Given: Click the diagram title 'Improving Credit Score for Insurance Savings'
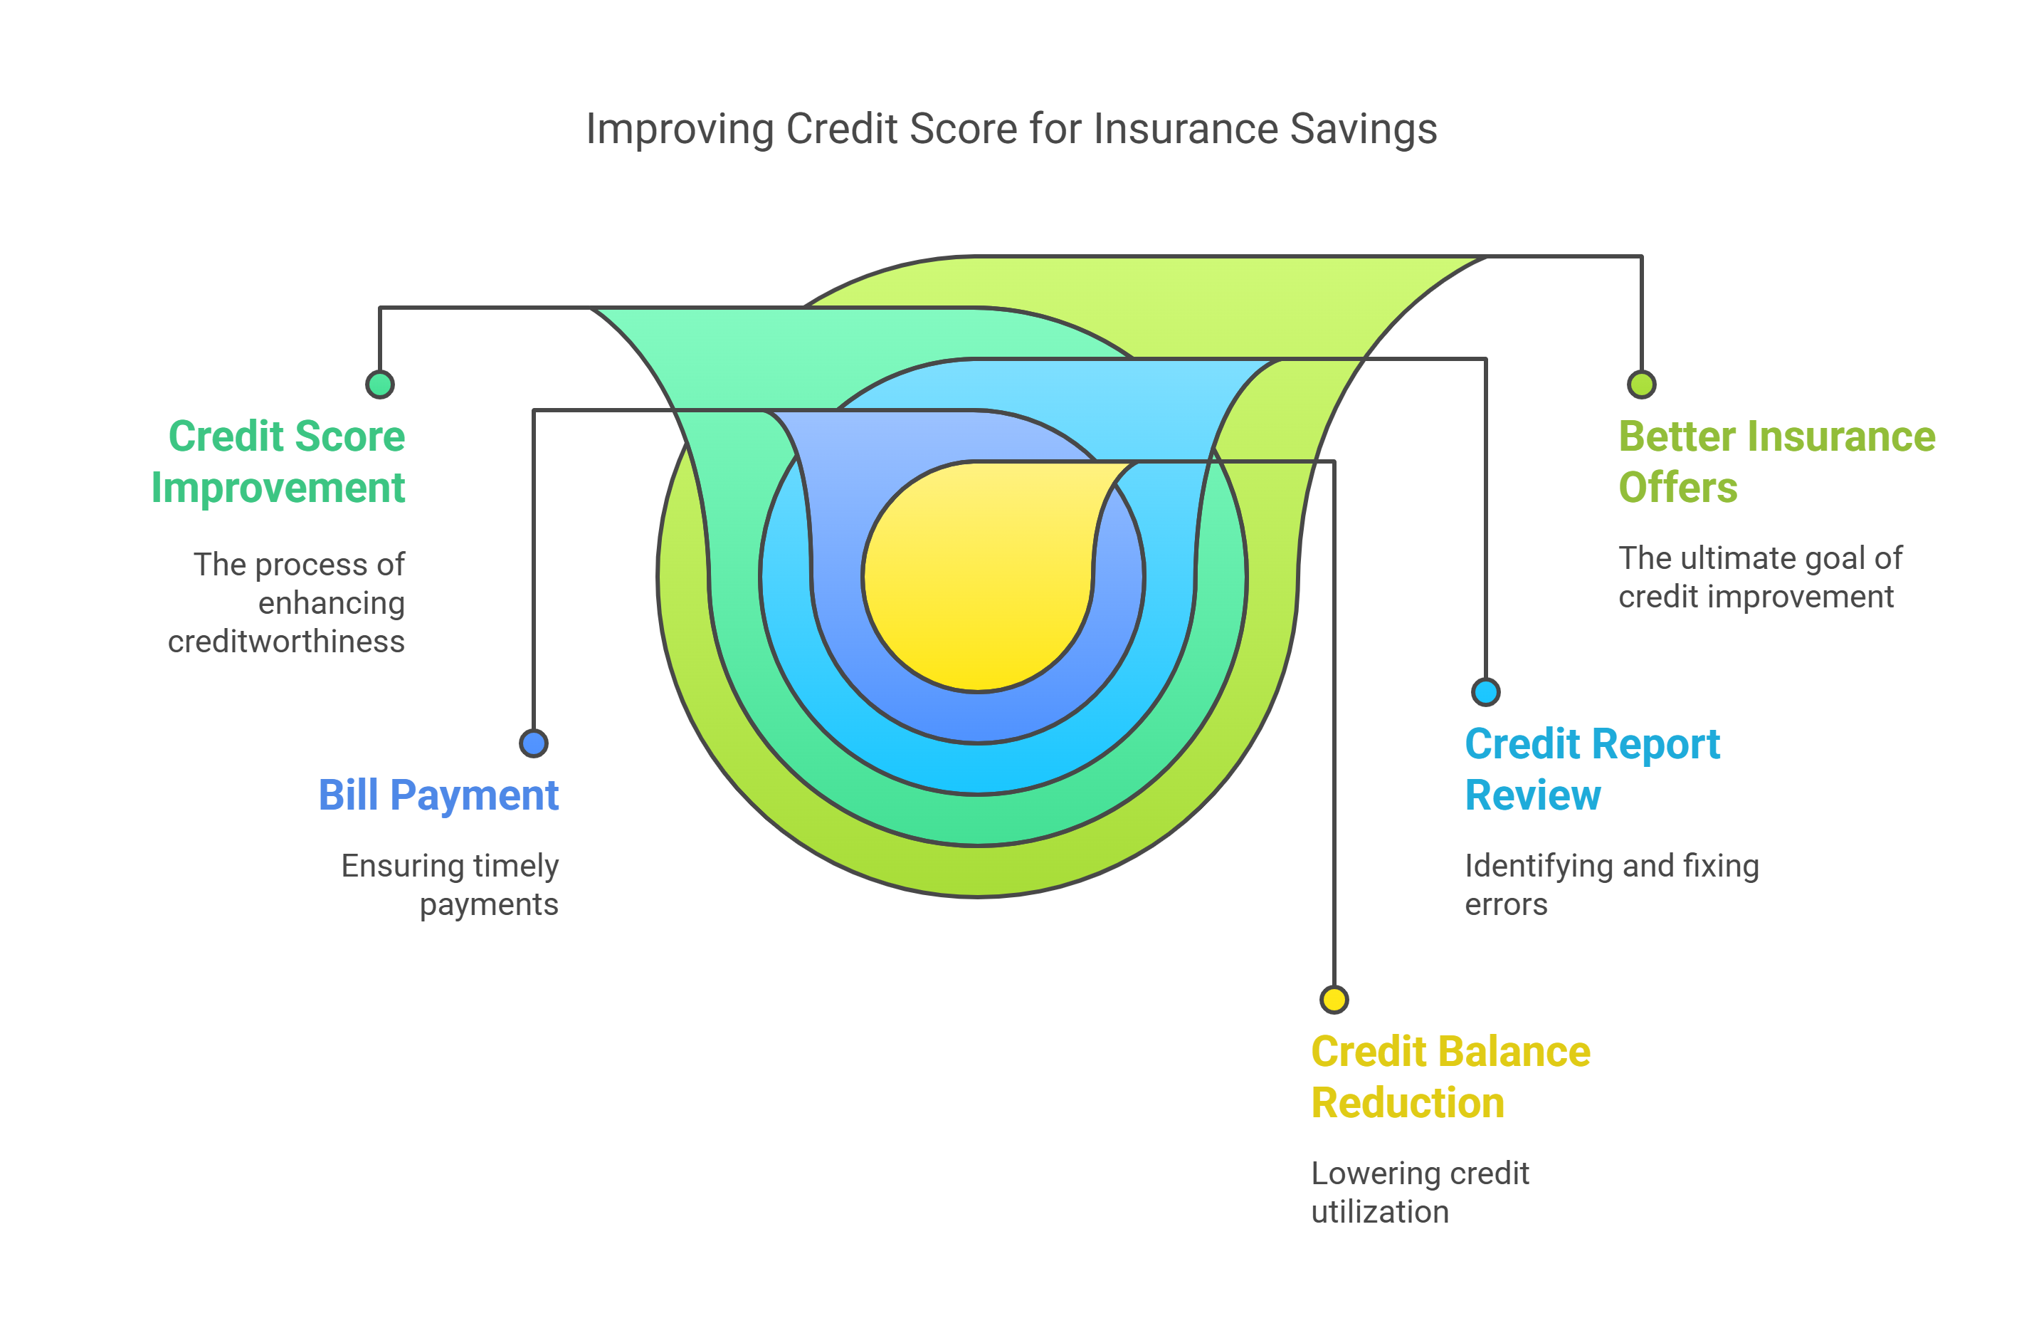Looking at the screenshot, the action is click(x=1011, y=130).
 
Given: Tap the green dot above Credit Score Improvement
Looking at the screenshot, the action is click(x=379, y=385).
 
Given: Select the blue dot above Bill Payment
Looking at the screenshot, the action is click(x=533, y=743).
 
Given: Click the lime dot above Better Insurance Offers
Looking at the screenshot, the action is click(x=1641, y=385).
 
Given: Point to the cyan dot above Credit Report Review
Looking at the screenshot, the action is click(x=1486, y=691).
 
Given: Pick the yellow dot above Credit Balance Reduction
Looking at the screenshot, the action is click(x=1334, y=1000).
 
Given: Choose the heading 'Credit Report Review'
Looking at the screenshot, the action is click(x=1591, y=769).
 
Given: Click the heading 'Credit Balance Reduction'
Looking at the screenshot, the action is click(x=1450, y=1077).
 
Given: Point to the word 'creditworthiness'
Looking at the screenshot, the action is click(x=286, y=642).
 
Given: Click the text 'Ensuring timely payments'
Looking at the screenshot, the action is click(x=450, y=884).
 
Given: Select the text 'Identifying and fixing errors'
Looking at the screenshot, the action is click(x=1611, y=884).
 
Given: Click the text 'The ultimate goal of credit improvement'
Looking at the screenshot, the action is click(x=1759, y=577).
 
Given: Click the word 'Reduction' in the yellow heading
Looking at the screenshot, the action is click(x=1408, y=1103).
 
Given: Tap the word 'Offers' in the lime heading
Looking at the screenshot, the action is click(x=1677, y=488).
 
